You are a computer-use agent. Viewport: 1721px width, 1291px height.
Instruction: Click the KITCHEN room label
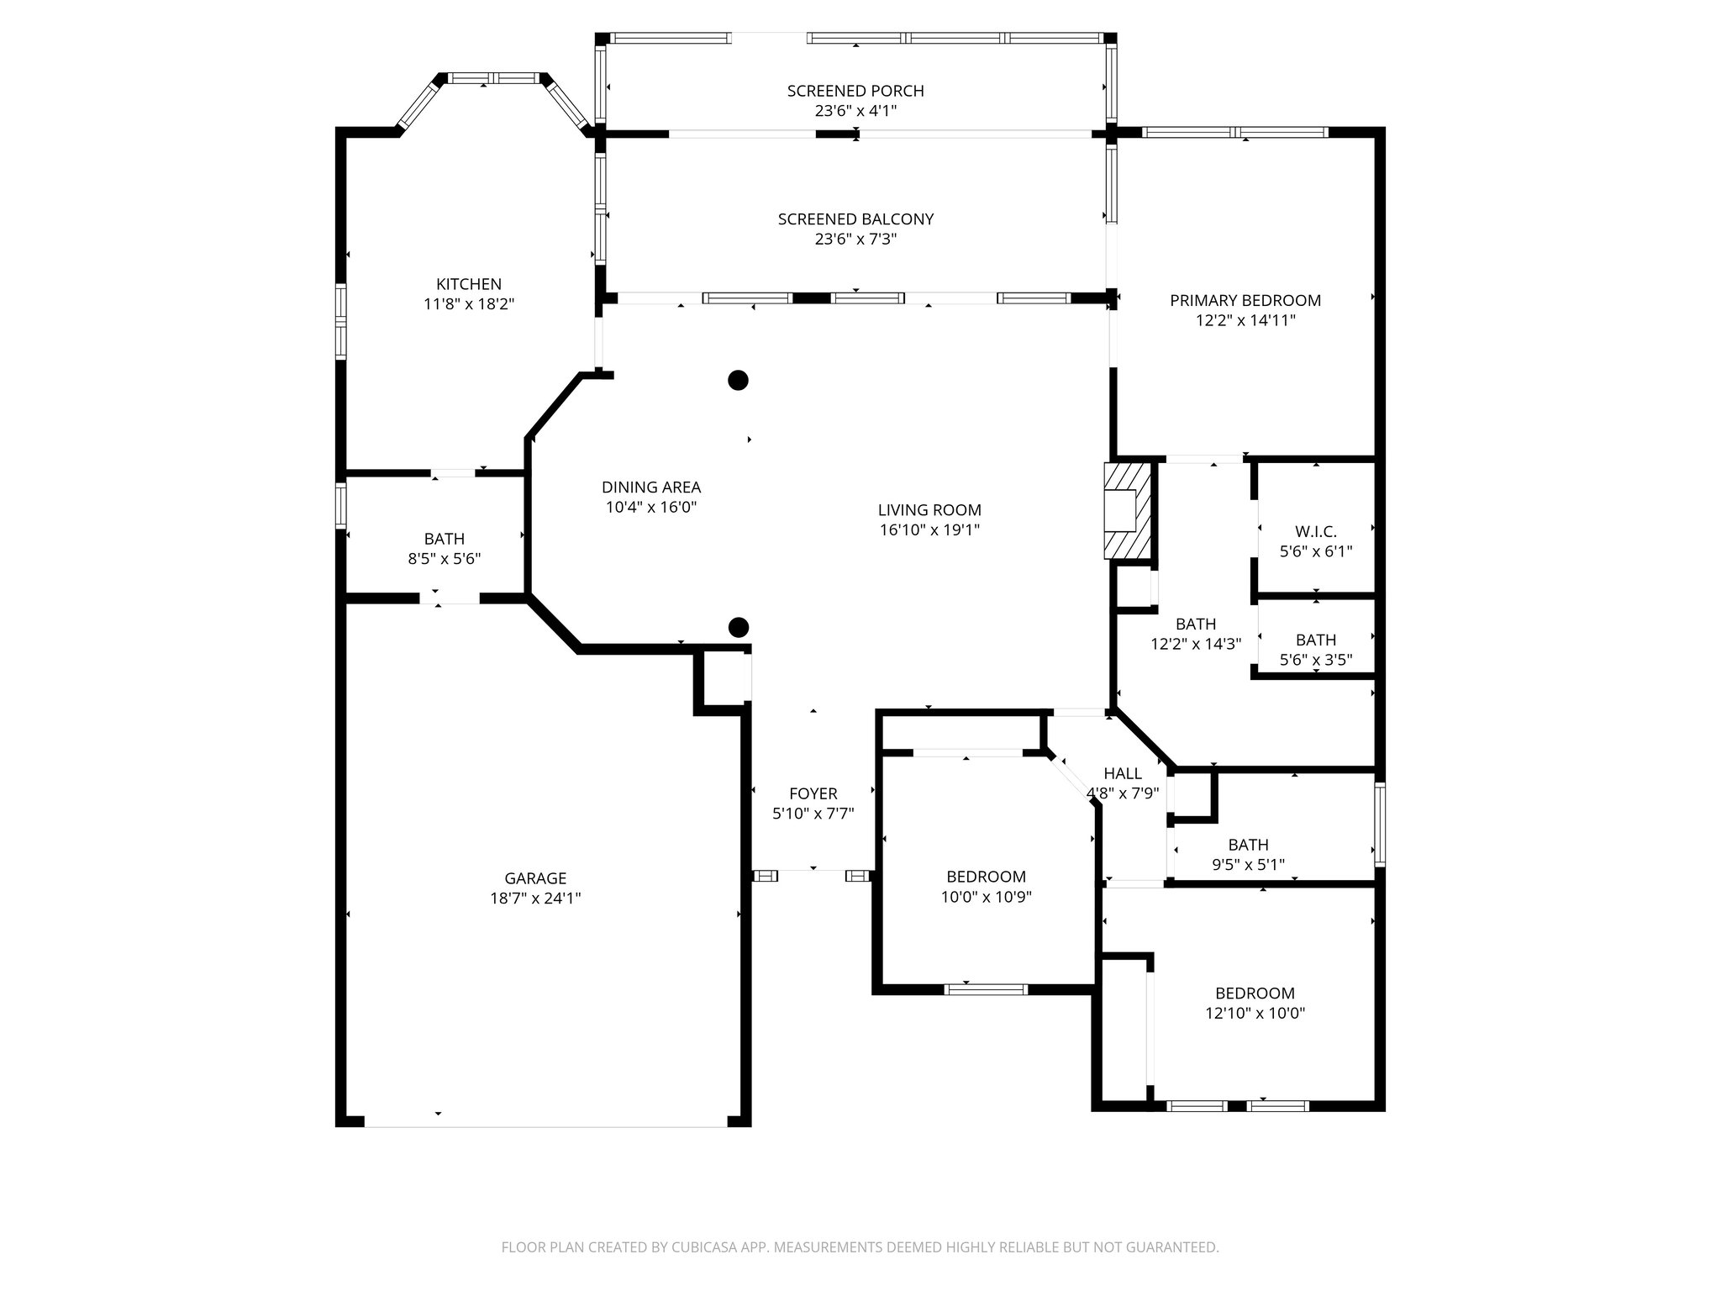468,284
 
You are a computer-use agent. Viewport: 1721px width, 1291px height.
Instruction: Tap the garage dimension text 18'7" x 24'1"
535,898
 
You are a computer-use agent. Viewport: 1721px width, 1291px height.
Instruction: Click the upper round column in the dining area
738,381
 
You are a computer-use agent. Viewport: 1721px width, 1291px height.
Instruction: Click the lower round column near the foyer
738,627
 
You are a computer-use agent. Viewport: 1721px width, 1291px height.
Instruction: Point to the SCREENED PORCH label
855,91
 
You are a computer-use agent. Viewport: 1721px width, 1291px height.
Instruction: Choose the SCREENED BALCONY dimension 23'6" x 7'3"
855,240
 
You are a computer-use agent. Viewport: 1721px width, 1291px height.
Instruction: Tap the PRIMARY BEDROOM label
1245,300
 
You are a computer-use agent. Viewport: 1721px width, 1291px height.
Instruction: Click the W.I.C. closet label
1315,531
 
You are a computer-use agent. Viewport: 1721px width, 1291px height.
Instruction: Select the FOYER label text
813,793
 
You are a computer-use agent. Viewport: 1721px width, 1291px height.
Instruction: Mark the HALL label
1122,773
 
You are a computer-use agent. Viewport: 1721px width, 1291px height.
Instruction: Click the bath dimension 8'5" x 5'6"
444,559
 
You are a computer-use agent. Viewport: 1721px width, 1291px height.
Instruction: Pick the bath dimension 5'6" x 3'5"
1315,661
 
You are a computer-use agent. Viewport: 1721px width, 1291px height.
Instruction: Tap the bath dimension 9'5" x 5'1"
1248,865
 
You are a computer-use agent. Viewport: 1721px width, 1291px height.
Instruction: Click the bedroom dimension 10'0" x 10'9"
986,897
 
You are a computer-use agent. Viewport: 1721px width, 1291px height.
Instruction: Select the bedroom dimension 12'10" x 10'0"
1255,1014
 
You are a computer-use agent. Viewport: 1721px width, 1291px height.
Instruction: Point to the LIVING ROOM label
929,510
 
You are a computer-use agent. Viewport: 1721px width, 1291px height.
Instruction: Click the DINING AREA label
650,487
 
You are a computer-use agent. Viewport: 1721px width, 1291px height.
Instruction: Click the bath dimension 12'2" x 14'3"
1195,645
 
